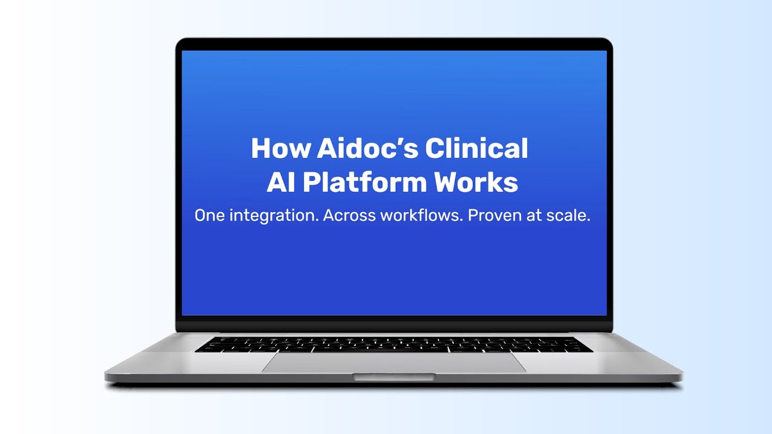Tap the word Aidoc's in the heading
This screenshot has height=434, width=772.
pyautogui.click(x=361, y=149)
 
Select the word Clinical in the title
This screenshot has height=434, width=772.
pyautogui.click(x=476, y=149)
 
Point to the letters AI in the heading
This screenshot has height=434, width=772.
pyautogui.click(x=280, y=183)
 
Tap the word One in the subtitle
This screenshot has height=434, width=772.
pyautogui.click(x=209, y=216)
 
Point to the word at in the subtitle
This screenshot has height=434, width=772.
pyautogui.click(x=534, y=216)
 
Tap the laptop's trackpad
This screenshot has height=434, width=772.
pyautogui.click(x=394, y=362)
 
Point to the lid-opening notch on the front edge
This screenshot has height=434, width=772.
pyautogui.click(x=394, y=377)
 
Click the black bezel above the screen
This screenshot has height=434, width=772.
pyautogui.click(x=394, y=45)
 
